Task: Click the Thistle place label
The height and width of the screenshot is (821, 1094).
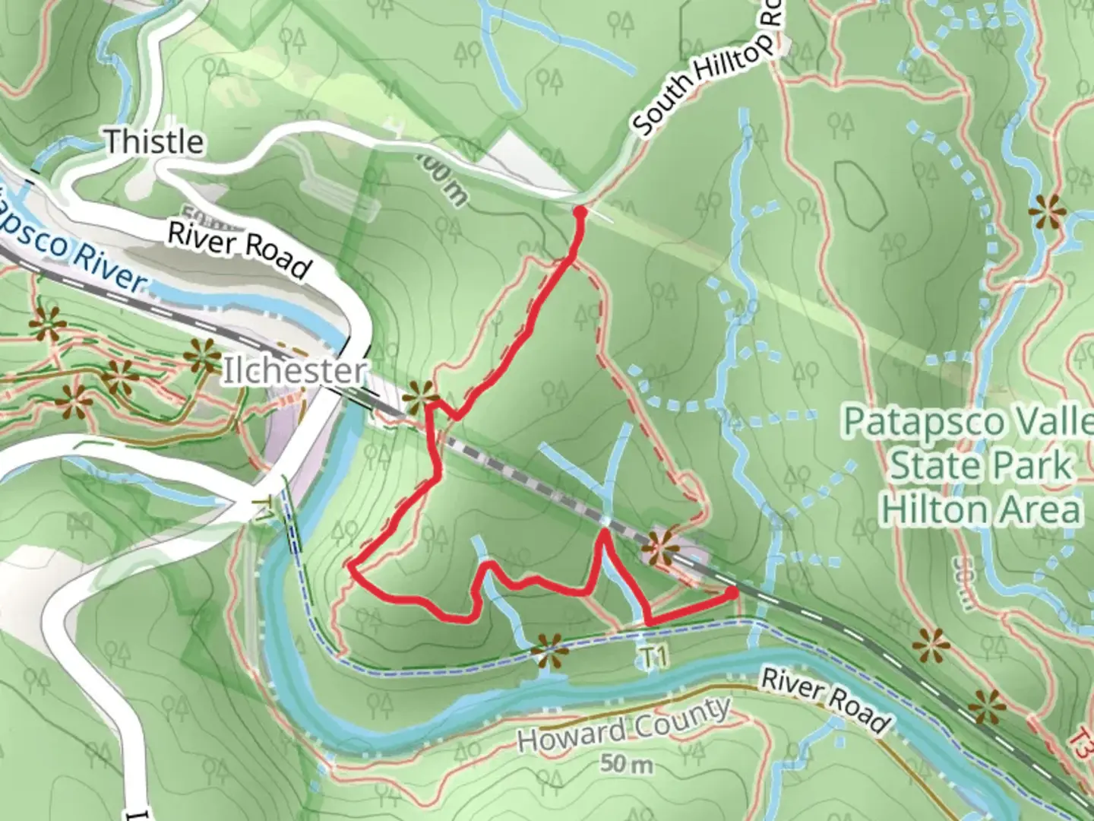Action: point(154,141)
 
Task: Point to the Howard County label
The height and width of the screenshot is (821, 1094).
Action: point(623,726)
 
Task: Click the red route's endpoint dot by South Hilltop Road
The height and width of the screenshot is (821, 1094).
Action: point(580,211)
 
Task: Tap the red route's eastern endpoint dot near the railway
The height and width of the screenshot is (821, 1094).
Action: point(732,592)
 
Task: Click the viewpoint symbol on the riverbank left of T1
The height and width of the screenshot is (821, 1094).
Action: point(548,651)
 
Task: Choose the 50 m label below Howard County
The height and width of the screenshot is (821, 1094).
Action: point(626,763)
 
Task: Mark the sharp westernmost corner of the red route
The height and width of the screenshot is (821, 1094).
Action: point(350,566)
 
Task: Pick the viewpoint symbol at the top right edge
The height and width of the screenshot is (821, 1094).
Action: point(1047,211)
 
